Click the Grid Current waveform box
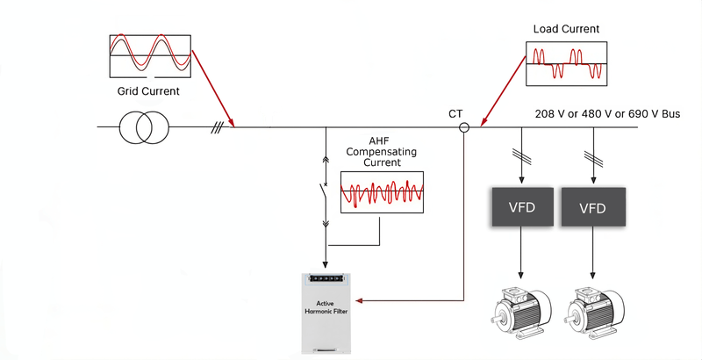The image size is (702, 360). pos(149,56)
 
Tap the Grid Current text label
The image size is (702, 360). pos(149,90)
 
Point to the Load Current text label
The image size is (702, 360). pos(567,29)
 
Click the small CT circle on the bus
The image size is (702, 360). pos(464,127)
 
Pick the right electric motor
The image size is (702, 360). pos(593,313)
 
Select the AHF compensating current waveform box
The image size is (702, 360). pos(383,191)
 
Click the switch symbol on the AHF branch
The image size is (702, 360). pos(326,197)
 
